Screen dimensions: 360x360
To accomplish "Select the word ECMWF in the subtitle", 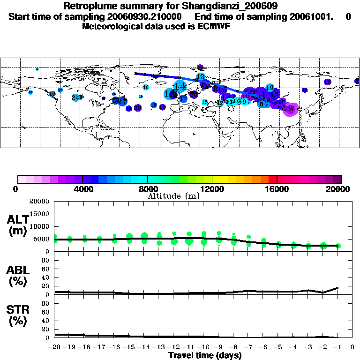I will pyautogui.click(x=214, y=26).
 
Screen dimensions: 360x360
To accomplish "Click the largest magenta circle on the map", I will pyautogui.click(x=292, y=109).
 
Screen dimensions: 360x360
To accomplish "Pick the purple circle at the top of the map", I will pyautogui.click(x=200, y=67).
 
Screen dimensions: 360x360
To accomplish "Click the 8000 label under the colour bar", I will pyautogui.click(x=148, y=189).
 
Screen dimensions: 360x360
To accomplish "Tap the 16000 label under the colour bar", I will pyautogui.click(x=277, y=189).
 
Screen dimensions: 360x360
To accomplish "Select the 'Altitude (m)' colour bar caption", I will pyautogui.click(x=173, y=196).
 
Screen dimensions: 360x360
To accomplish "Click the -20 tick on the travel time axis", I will pyautogui.click(x=54, y=348).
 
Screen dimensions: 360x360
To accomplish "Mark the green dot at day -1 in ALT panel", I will pyautogui.click(x=338, y=246).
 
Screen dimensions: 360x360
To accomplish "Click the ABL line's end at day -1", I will pyautogui.click(x=338, y=288).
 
